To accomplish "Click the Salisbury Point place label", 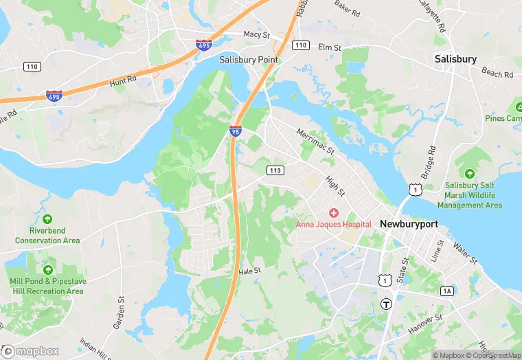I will pos(249,60).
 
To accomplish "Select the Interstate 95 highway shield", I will pos(236,130).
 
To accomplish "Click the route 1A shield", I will pos(447,291).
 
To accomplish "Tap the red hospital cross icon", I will pos(334,213).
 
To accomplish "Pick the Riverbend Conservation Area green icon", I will pos(47,219).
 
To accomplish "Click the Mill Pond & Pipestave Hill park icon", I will pos(47,270).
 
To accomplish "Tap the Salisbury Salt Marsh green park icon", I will pos(469,175).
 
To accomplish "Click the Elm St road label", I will pos(330,47).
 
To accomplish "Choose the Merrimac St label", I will pos(315,140).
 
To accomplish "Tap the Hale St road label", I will pos(250,271).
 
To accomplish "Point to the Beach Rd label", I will pos(497,72).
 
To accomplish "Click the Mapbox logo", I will pos(30,351).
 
